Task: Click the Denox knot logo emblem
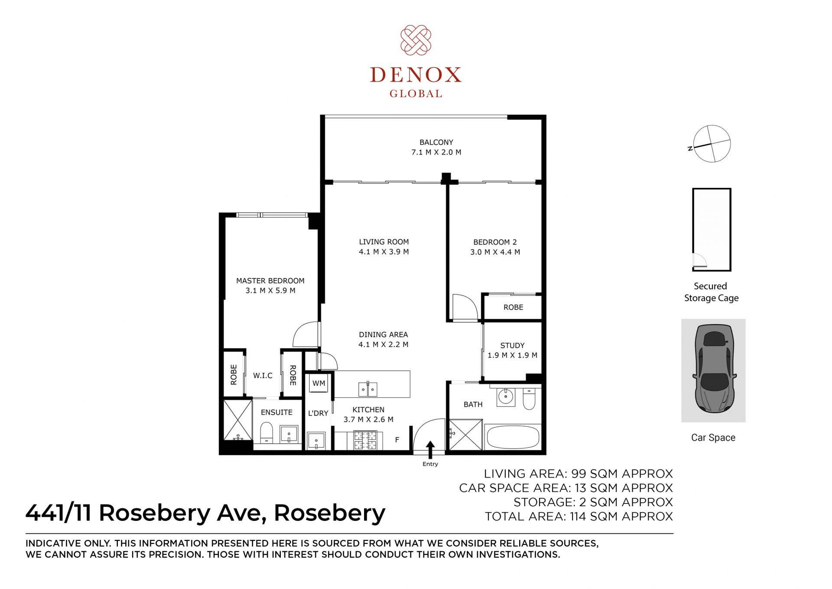click(x=416, y=40)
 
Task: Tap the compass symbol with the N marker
click(x=711, y=144)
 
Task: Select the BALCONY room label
click(x=436, y=142)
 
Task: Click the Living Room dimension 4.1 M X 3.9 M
click(x=383, y=252)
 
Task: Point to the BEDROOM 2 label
click(x=495, y=242)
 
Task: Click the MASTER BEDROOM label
click(x=270, y=281)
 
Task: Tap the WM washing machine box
click(x=319, y=383)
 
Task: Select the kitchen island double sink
click(x=368, y=389)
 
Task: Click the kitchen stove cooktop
click(x=365, y=440)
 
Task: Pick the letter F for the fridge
click(x=397, y=440)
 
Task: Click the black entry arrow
click(x=430, y=450)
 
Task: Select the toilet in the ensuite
click(x=266, y=433)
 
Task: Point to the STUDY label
click(x=512, y=346)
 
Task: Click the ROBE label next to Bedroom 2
click(x=513, y=307)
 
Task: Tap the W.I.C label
click(x=263, y=376)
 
